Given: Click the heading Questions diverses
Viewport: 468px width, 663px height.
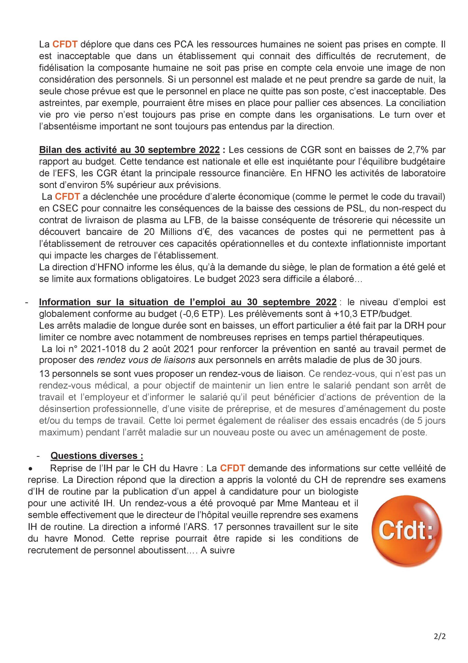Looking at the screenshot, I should pos(97,456).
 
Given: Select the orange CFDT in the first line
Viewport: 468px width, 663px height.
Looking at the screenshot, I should pos(65,45).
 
